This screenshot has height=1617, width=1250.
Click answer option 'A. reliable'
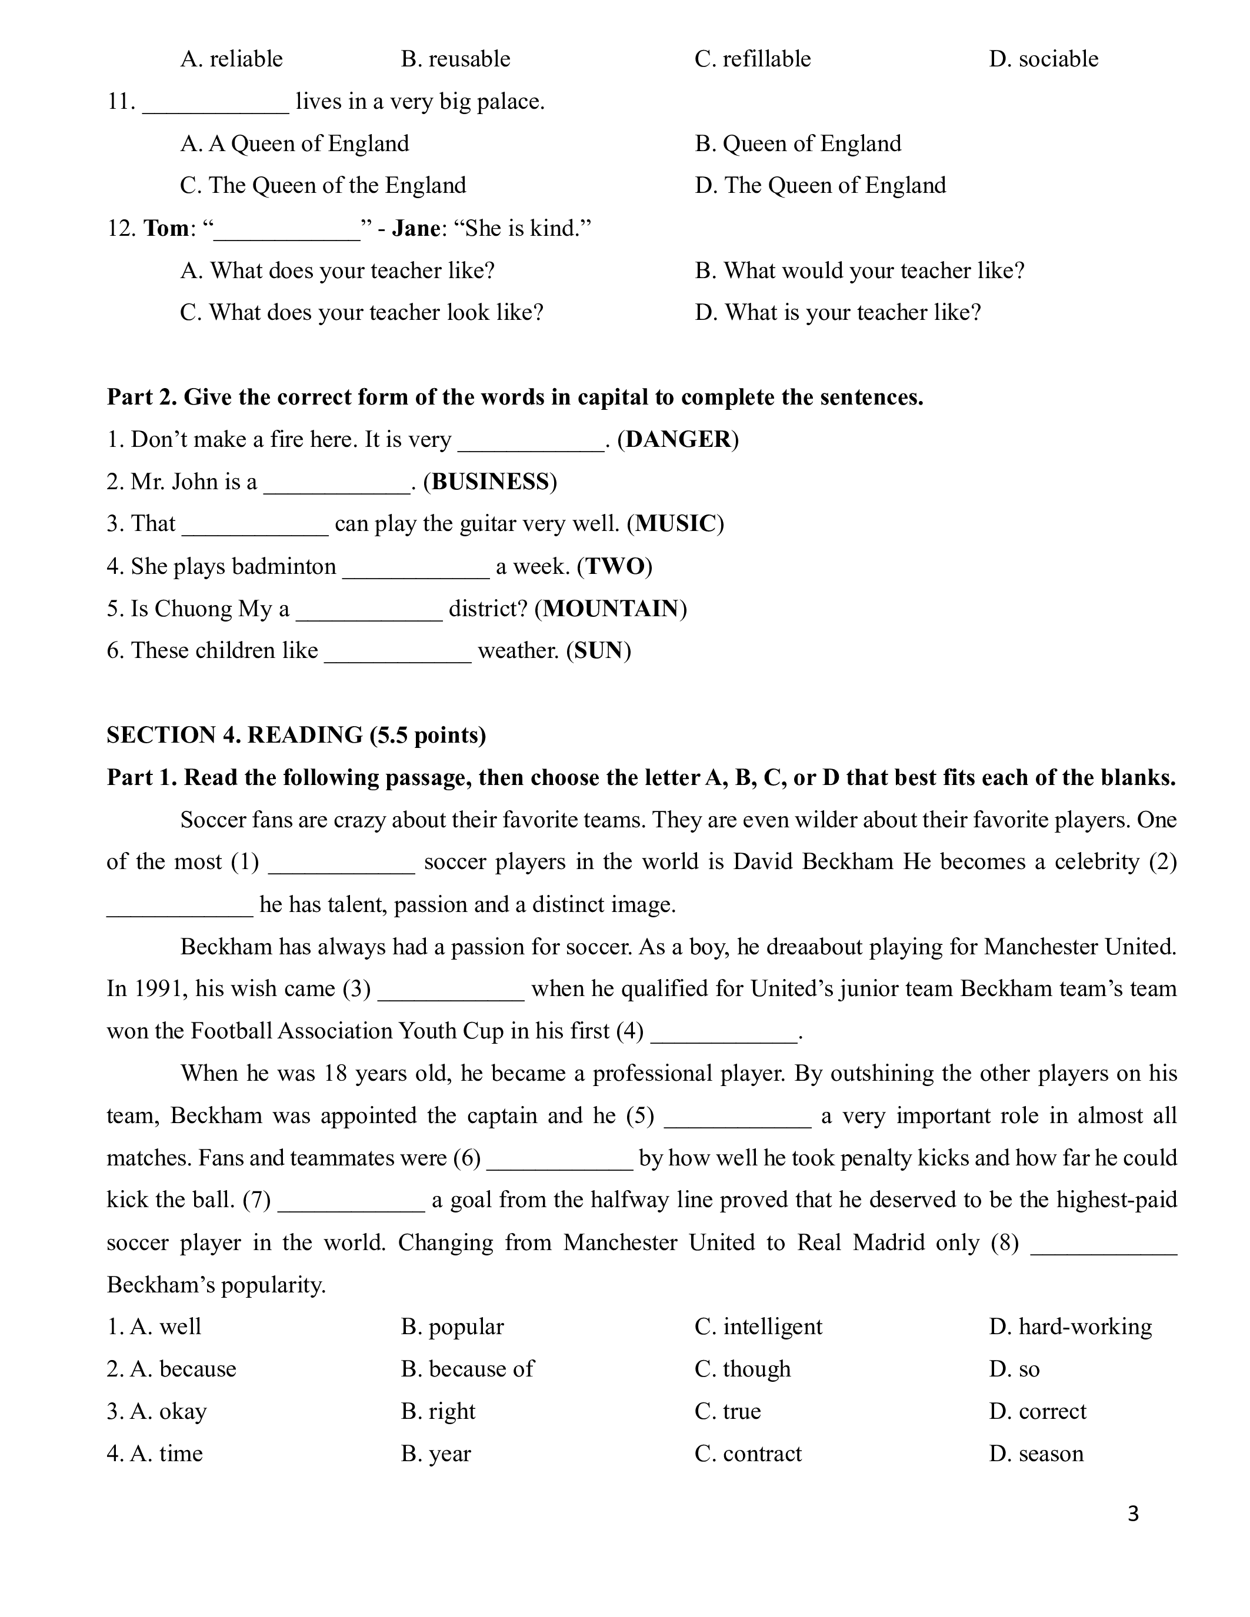tap(231, 59)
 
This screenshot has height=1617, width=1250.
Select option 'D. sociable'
tap(1044, 59)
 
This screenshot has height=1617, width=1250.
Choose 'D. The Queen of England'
tap(821, 186)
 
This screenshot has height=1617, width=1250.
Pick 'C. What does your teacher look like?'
tap(361, 312)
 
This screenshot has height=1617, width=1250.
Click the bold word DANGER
tap(678, 440)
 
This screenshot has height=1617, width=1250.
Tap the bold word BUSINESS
tap(489, 482)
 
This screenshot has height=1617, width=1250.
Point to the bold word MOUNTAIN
tap(611, 609)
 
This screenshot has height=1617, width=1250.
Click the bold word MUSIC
tap(675, 524)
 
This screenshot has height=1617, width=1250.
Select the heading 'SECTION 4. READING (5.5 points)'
tap(296, 735)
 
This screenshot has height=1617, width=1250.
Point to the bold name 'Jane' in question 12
tap(416, 228)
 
